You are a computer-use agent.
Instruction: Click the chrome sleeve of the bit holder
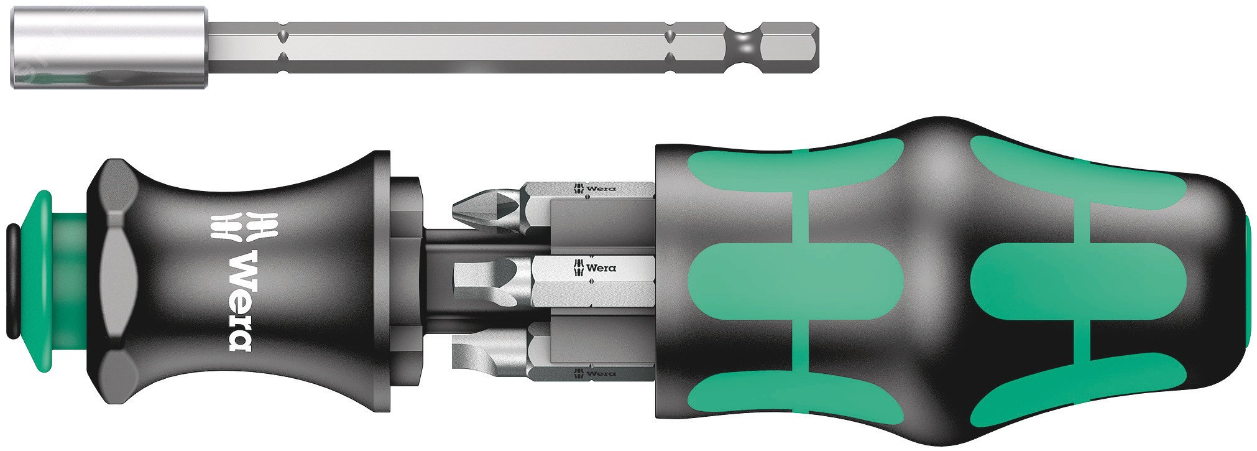109,47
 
